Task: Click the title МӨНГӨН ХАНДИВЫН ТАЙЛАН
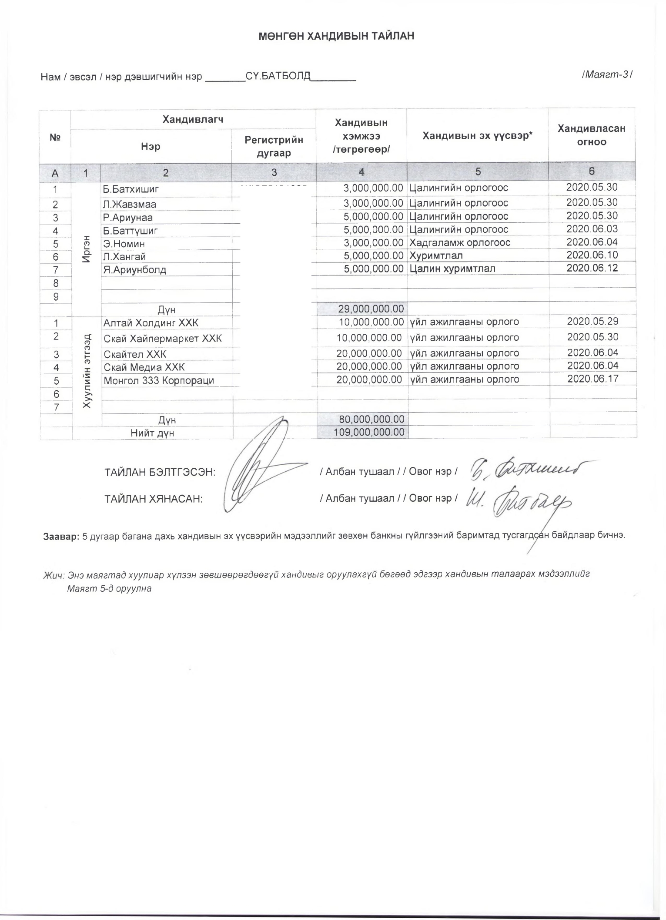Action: tap(336, 36)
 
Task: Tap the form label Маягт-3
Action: tap(607, 74)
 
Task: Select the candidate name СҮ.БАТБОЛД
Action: tap(278, 77)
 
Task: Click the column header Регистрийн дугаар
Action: tap(274, 146)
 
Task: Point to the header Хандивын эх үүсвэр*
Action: tap(478, 136)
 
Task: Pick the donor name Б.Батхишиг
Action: tap(131, 189)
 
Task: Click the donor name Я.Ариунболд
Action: tap(135, 270)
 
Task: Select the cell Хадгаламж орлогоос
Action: tap(460, 242)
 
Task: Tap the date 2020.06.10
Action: tap(592, 255)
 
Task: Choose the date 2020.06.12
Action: tap(592, 268)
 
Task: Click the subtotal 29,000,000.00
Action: tap(371, 309)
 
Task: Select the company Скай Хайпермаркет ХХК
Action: tap(163, 339)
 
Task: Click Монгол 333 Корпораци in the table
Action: tap(159, 380)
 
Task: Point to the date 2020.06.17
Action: tap(593, 379)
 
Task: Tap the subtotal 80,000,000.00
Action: tap(371, 420)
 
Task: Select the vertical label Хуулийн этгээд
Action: tap(87, 371)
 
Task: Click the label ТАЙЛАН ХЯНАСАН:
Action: tap(154, 499)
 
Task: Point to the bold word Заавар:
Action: tap(61, 536)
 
